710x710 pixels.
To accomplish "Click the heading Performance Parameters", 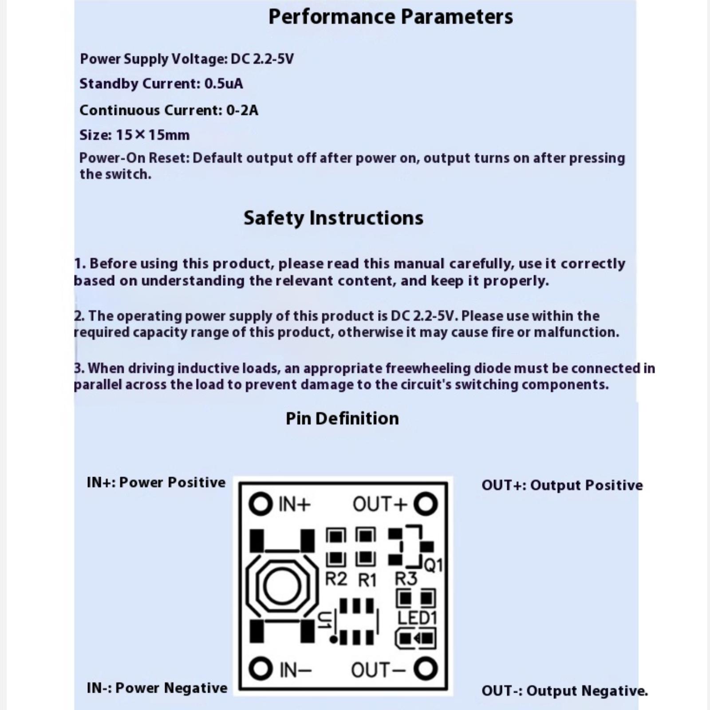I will [x=390, y=17].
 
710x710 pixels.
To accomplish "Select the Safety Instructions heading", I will [x=333, y=218].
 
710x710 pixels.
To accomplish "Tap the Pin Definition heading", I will [x=342, y=418].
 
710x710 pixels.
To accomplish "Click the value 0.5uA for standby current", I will [x=224, y=84].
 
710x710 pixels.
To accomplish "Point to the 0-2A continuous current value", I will [x=242, y=110].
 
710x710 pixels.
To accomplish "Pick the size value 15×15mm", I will [x=153, y=135].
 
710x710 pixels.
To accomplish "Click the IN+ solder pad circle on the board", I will [x=260, y=504].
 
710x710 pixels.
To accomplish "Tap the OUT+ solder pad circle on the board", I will [x=426, y=504].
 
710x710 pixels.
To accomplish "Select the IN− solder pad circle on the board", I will [x=260, y=669].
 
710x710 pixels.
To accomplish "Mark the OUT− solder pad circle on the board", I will [x=426, y=669].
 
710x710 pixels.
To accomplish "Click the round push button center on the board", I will [x=282, y=586].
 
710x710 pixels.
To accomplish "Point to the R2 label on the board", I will [x=336, y=579].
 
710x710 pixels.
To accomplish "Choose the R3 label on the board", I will [x=406, y=579].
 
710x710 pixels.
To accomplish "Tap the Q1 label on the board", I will [x=434, y=565].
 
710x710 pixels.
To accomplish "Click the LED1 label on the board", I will [x=417, y=618].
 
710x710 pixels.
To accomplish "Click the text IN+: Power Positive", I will [x=156, y=482].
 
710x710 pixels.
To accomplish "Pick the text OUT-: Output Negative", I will [x=564, y=691].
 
